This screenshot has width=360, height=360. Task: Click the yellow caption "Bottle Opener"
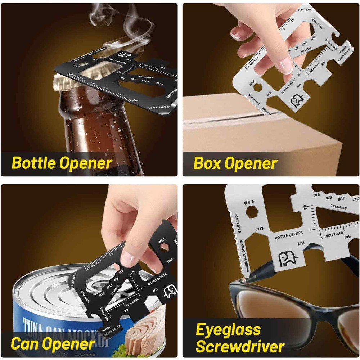pos(62,163)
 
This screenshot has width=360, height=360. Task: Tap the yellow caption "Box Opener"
pos(236,163)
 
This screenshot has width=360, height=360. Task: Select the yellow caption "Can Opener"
pos(53,343)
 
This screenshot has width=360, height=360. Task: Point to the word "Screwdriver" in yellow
pos(240,347)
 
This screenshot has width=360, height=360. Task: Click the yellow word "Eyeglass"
pos(228,329)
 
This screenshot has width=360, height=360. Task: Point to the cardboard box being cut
pos(263,137)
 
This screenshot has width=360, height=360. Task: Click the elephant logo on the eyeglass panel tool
pos(288,258)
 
